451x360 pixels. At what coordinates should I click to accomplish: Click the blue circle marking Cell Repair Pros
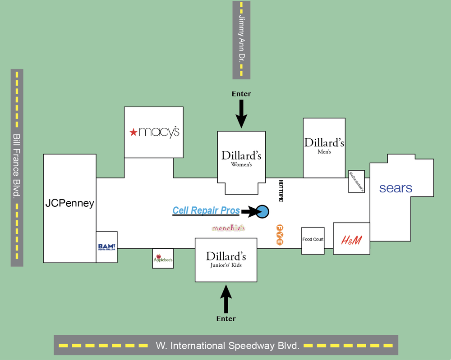pos(262,211)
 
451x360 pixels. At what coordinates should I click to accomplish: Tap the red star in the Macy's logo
pos(133,132)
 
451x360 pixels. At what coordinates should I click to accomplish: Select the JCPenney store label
pos(70,203)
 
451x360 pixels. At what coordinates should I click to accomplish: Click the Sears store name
pos(396,188)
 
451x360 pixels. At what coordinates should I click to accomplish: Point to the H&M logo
pos(351,240)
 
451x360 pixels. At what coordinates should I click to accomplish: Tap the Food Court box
pos(313,240)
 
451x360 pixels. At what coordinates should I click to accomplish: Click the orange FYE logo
pos(279,235)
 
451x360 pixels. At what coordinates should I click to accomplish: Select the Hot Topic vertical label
pos(281,191)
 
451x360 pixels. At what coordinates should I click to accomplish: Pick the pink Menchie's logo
pos(229,228)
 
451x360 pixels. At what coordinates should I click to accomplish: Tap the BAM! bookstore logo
pos(107,246)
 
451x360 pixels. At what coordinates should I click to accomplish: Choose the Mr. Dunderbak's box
pos(356,182)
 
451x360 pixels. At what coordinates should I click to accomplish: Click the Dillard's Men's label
pos(324,146)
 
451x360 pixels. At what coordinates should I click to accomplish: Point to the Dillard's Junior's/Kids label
pos(226,259)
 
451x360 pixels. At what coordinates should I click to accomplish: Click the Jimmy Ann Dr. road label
pos(241,39)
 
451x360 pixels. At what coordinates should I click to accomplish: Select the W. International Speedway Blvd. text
pos(228,346)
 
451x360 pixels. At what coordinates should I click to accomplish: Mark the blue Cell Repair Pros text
pos(206,210)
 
